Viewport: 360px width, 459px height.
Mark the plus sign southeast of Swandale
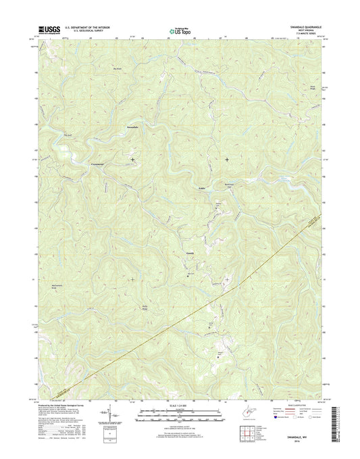132,160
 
